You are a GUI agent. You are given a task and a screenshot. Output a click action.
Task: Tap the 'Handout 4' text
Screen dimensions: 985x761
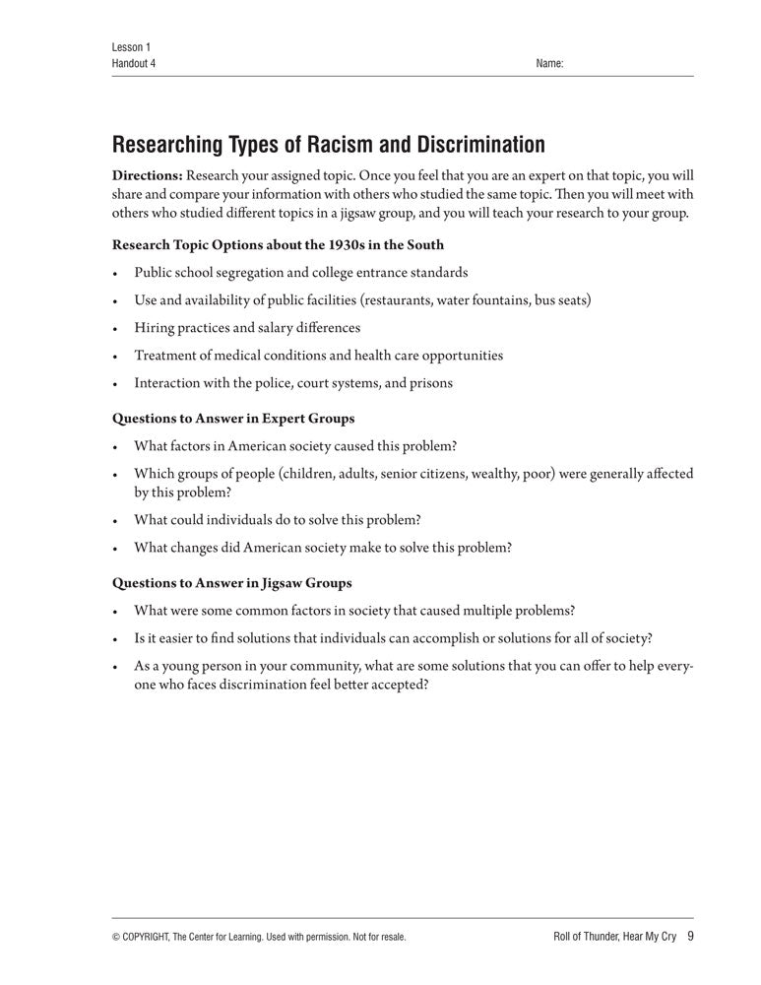click(x=134, y=63)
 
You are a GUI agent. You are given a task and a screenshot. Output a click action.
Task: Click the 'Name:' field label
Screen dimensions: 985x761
click(x=549, y=63)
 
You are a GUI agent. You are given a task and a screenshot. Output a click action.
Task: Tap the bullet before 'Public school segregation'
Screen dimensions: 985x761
click(x=116, y=273)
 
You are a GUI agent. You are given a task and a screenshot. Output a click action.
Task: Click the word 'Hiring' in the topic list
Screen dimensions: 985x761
click(x=155, y=328)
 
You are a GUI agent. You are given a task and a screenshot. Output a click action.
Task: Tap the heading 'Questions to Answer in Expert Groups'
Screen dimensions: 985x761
click(x=233, y=418)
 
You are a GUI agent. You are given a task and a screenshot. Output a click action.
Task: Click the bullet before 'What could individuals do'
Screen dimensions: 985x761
click(x=116, y=520)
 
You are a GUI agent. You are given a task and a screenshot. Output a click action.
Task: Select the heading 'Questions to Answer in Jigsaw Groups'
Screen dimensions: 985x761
click(x=232, y=582)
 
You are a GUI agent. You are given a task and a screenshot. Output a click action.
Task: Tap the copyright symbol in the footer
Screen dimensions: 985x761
click(x=117, y=937)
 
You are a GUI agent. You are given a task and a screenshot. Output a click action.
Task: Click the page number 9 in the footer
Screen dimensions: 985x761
click(x=690, y=936)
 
